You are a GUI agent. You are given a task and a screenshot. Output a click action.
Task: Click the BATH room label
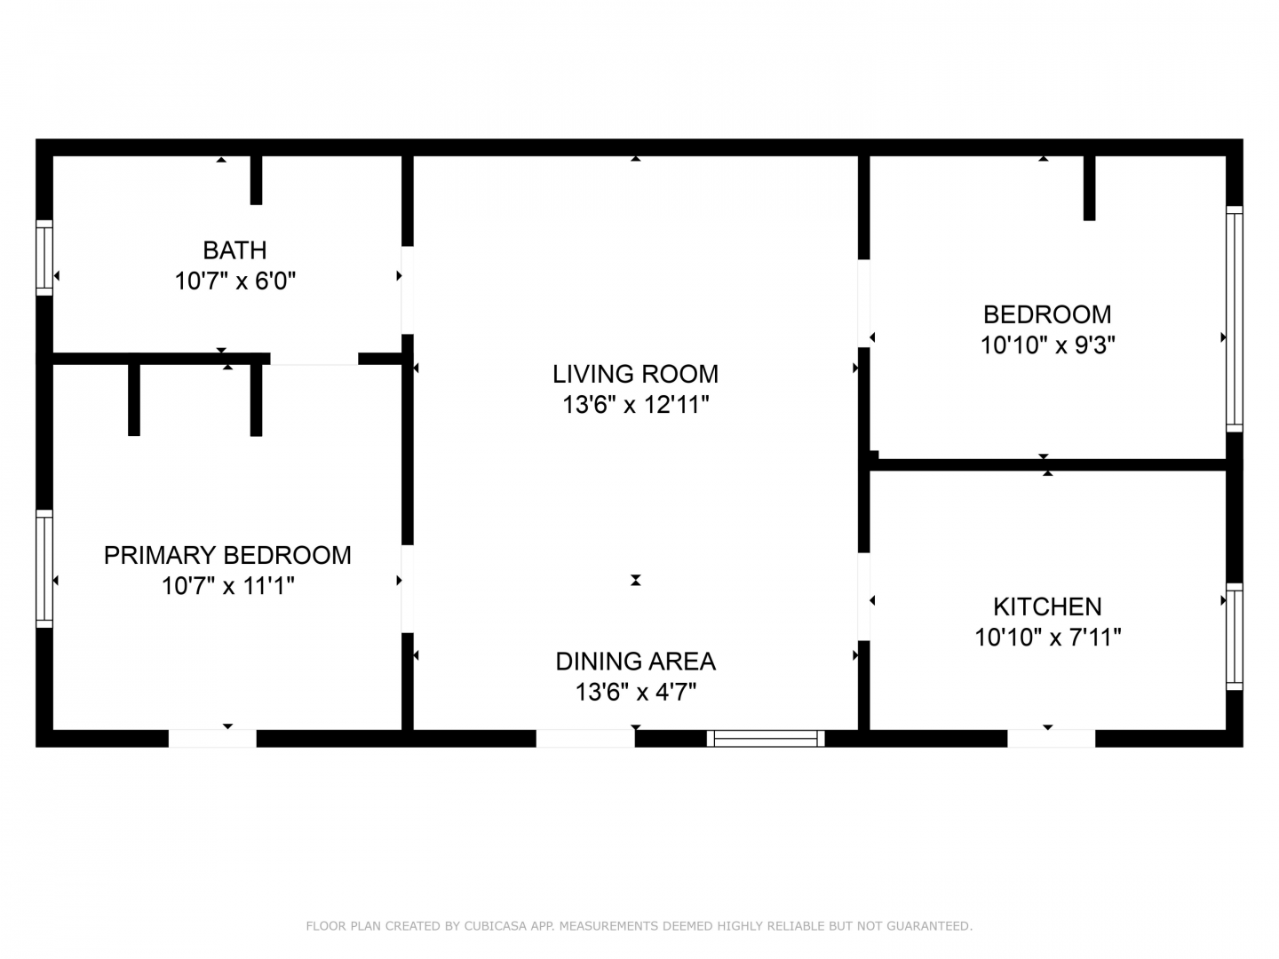(x=234, y=250)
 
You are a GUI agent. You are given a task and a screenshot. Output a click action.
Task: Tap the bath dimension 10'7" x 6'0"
(x=235, y=281)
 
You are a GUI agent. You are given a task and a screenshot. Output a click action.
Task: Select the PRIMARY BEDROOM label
(x=227, y=555)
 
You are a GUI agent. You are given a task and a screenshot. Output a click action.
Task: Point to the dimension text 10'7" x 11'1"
(x=228, y=586)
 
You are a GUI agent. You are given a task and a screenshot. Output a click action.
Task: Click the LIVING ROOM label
(x=635, y=374)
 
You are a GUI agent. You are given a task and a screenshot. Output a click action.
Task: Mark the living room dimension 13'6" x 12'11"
(x=636, y=405)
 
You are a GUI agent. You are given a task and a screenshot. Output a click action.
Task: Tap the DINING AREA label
(x=636, y=662)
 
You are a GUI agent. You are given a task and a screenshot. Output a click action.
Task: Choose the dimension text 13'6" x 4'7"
(x=636, y=693)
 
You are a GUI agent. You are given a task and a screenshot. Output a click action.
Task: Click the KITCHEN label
(x=1048, y=606)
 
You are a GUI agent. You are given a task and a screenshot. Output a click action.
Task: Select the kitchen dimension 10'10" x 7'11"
(x=1048, y=638)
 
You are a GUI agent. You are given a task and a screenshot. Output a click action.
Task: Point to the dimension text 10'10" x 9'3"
(x=1048, y=345)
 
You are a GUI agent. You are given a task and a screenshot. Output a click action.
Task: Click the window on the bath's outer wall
(x=44, y=258)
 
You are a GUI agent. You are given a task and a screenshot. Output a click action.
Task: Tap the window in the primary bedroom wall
(x=44, y=569)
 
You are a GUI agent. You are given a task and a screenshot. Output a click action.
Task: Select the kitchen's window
(x=1234, y=637)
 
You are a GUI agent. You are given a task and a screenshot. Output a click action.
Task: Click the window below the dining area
(x=766, y=738)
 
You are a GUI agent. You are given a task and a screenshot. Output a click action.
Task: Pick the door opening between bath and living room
(x=408, y=290)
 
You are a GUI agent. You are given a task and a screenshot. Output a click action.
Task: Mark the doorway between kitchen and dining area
(x=863, y=596)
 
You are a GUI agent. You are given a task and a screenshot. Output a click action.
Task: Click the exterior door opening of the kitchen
(x=1051, y=738)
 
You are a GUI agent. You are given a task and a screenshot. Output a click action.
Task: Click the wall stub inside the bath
(x=256, y=180)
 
